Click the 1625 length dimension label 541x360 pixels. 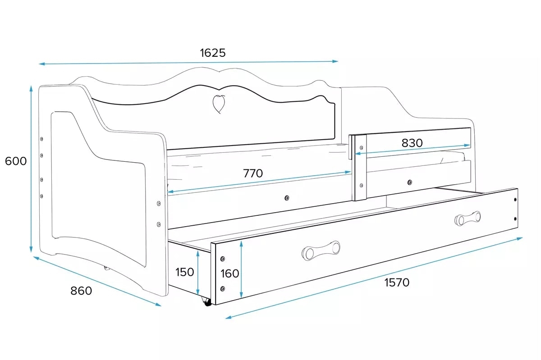(x=213, y=53)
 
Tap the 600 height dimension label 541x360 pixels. (x=16, y=161)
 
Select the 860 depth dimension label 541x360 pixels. (x=81, y=291)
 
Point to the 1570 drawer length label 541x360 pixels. (x=397, y=282)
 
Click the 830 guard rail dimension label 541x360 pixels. (x=412, y=143)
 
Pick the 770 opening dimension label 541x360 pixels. (x=253, y=173)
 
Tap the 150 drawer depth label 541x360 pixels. (x=184, y=272)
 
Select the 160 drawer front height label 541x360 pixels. (x=229, y=273)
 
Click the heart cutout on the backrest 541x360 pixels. (x=219, y=104)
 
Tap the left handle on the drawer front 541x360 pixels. (x=321, y=251)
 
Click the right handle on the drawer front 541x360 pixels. (x=468, y=219)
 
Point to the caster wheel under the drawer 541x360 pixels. (x=206, y=302)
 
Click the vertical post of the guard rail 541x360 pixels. (x=359, y=168)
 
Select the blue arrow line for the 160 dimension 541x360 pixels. (x=241, y=269)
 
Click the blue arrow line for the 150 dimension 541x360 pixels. (x=198, y=272)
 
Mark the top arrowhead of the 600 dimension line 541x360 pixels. (x=31, y=88)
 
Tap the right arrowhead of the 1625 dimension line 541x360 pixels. (x=335, y=61)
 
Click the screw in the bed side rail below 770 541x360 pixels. (x=287, y=198)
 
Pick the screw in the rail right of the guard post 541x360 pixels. (x=410, y=182)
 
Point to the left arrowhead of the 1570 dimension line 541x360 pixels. (x=229, y=318)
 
